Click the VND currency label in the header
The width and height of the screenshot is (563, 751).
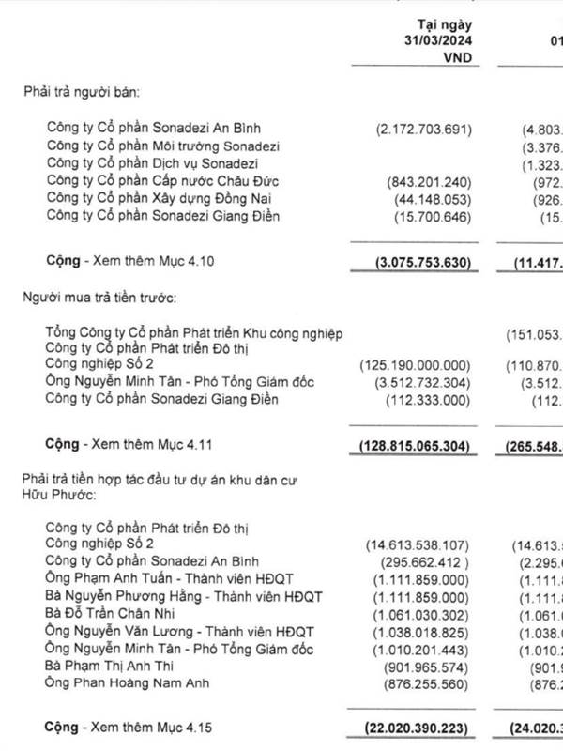[x=455, y=57]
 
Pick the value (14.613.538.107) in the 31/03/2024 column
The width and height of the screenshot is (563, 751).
[x=419, y=544]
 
